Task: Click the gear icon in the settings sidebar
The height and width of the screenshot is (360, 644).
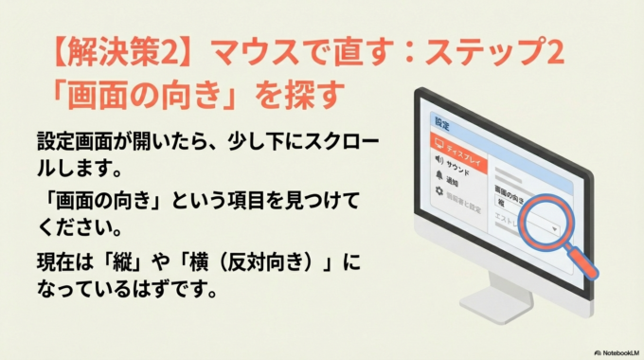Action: (x=438, y=191)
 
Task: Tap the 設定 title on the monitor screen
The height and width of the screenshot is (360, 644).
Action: (x=441, y=125)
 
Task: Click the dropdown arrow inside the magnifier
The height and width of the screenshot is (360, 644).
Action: (x=554, y=228)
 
